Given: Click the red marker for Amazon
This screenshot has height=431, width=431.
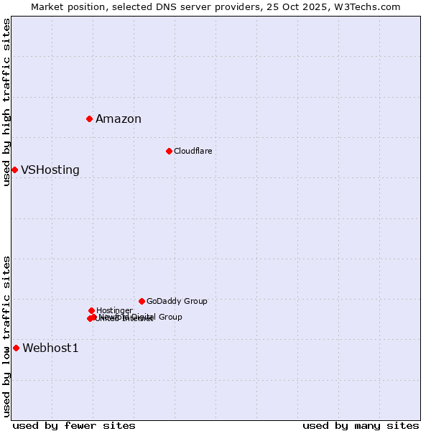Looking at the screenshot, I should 89,119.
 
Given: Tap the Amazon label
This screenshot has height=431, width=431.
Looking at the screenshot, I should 119,119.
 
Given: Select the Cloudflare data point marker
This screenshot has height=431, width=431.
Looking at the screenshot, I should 169,151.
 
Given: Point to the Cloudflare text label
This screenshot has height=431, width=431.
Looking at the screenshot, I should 193,151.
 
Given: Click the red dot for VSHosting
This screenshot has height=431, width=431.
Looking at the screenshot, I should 14,170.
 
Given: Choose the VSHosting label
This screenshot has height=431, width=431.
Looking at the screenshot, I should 50,170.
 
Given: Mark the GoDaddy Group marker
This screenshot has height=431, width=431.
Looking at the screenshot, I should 142,301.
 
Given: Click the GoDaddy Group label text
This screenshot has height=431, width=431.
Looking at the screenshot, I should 177,301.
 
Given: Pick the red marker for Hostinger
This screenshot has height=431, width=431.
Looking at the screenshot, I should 91,310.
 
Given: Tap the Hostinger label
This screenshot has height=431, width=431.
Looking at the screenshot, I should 114,310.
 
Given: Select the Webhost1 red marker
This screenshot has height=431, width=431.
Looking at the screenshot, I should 16,348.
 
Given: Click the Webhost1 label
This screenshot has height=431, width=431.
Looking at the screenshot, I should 50,348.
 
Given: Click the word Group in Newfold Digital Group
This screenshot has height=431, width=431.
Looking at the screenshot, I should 170,317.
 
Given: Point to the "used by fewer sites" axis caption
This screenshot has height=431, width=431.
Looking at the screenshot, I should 74,425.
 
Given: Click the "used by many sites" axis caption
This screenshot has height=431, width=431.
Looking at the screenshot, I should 361,425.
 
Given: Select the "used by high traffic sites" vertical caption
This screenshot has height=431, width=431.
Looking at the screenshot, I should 6,102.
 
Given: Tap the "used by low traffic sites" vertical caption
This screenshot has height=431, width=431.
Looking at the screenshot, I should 6,335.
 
